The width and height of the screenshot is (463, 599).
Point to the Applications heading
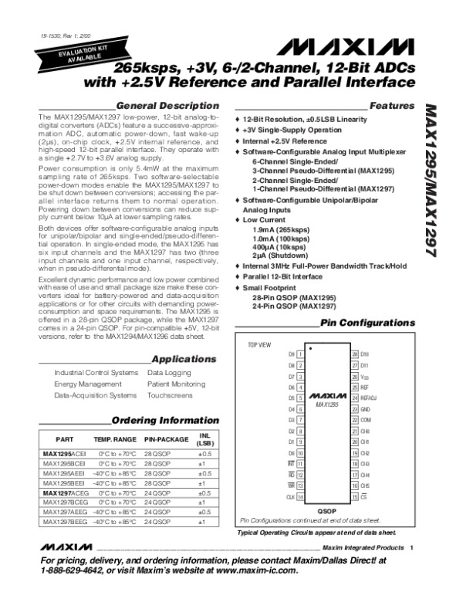pos(184,359)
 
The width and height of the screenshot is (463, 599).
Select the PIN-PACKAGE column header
pos(166,440)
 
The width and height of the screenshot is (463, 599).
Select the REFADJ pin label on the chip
pos(368,398)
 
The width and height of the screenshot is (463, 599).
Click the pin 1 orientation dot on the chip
pos(310,348)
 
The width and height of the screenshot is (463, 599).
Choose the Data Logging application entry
pos(165,373)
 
